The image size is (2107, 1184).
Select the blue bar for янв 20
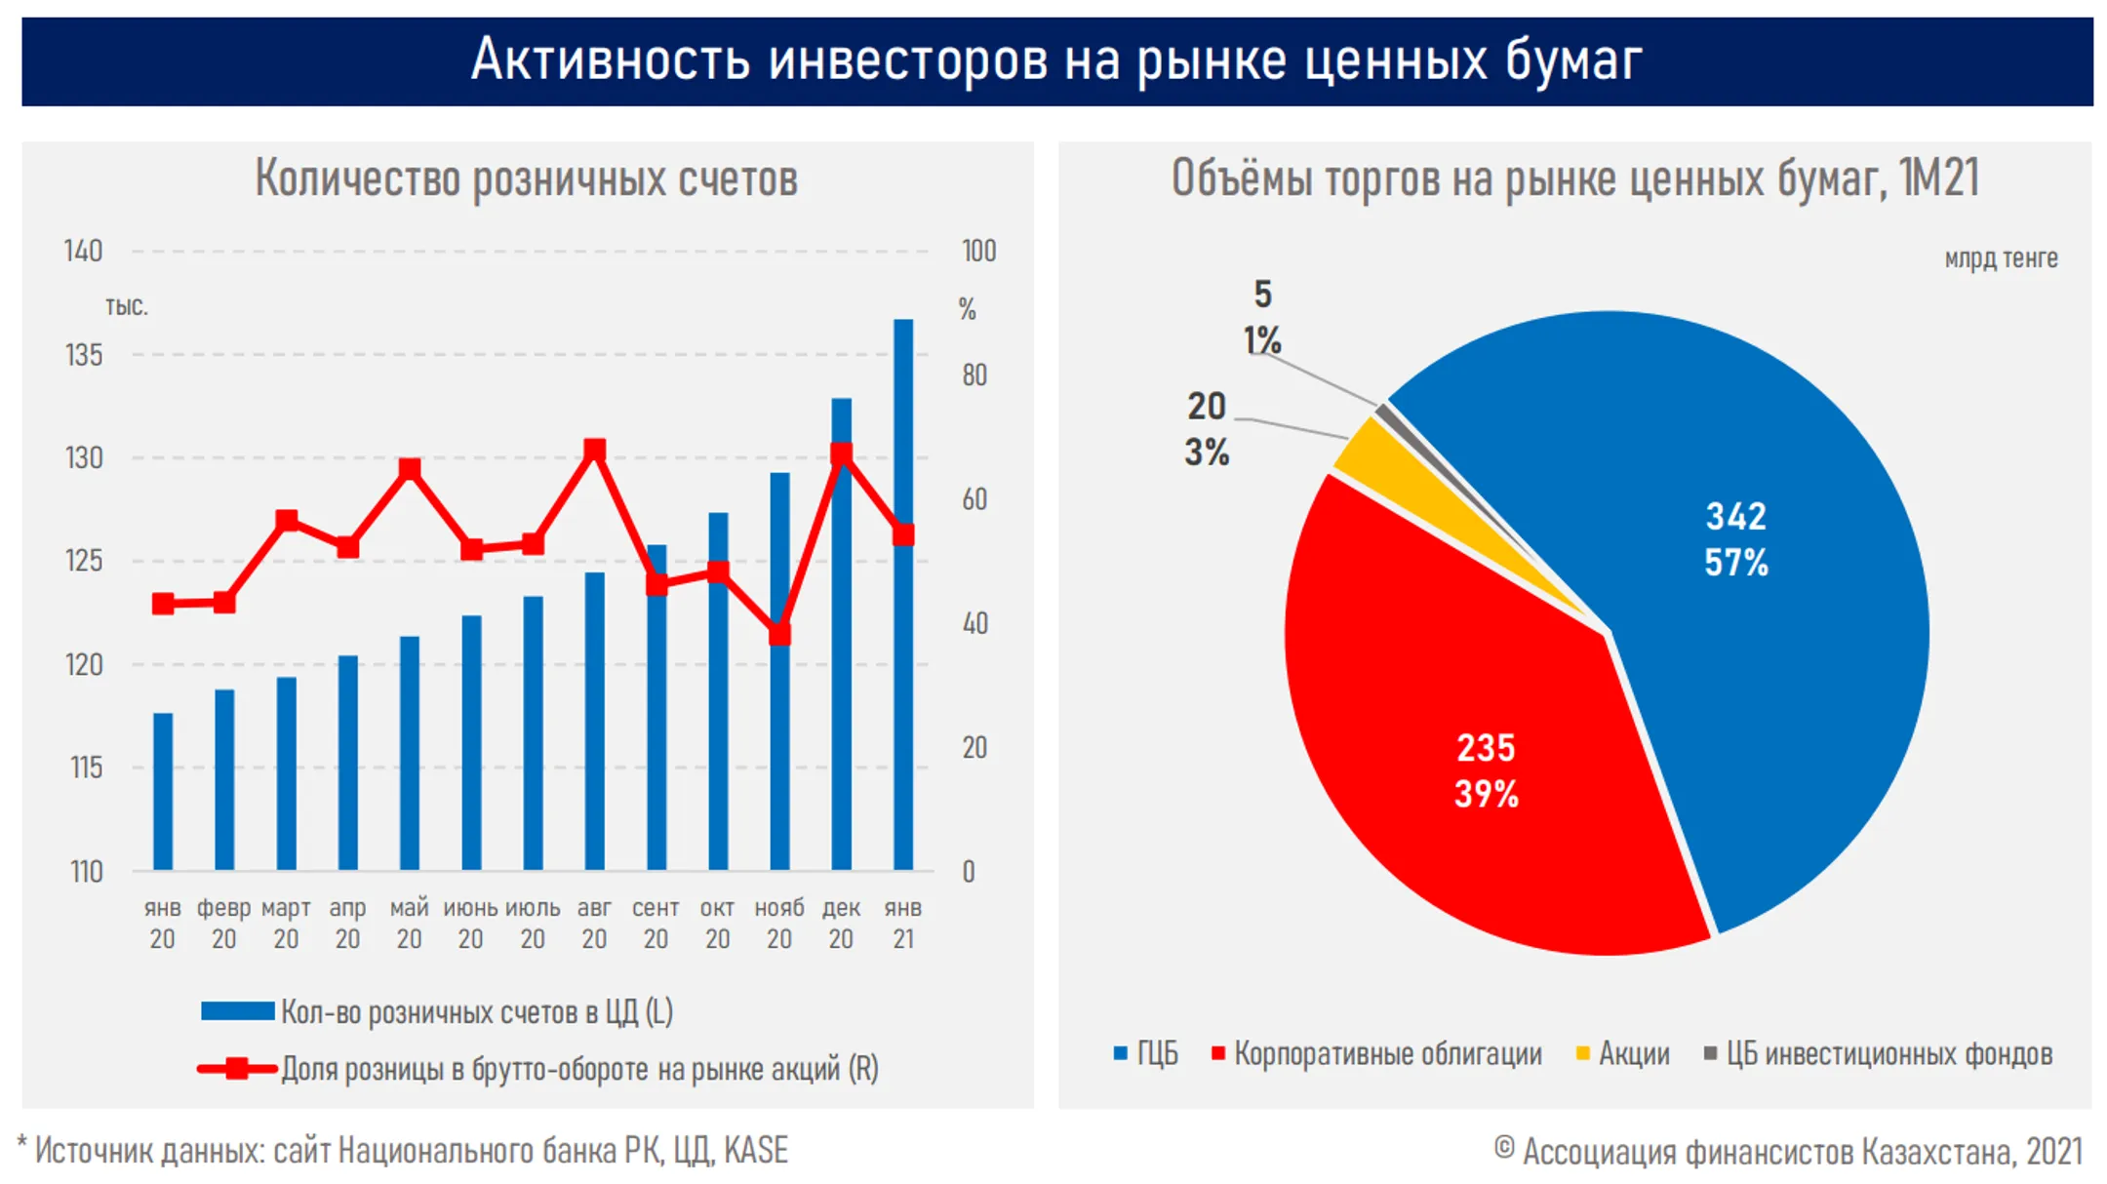(x=163, y=791)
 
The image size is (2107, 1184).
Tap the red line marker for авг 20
(x=594, y=451)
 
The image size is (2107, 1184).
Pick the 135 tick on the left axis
(x=84, y=355)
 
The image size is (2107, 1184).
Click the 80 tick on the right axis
(x=974, y=375)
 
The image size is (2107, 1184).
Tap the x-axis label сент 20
(x=656, y=923)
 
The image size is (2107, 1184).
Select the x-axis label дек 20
(x=841, y=923)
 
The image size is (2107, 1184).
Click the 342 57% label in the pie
(x=1735, y=539)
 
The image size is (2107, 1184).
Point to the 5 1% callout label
(x=1262, y=317)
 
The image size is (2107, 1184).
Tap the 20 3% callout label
(x=1207, y=429)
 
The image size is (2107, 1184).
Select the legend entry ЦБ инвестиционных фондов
(x=1888, y=1054)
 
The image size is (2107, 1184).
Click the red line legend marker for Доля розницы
(x=237, y=1069)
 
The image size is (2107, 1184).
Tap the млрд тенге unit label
(x=2001, y=258)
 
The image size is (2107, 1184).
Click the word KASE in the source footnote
(x=755, y=1151)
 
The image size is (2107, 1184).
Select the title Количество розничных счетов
(x=527, y=178)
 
